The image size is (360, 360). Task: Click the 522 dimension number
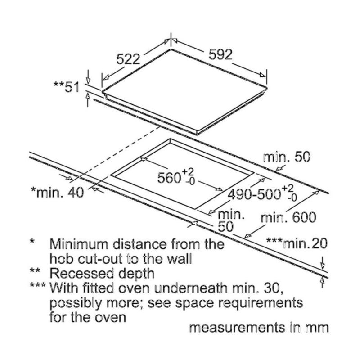[x=129, y=58]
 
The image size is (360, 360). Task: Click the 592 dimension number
[x=220, y=54]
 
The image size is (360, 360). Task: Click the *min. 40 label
[x=57, y=193]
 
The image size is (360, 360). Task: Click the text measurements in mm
[x=259, y=328]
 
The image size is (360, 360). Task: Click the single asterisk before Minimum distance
[x=32, y=243]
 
